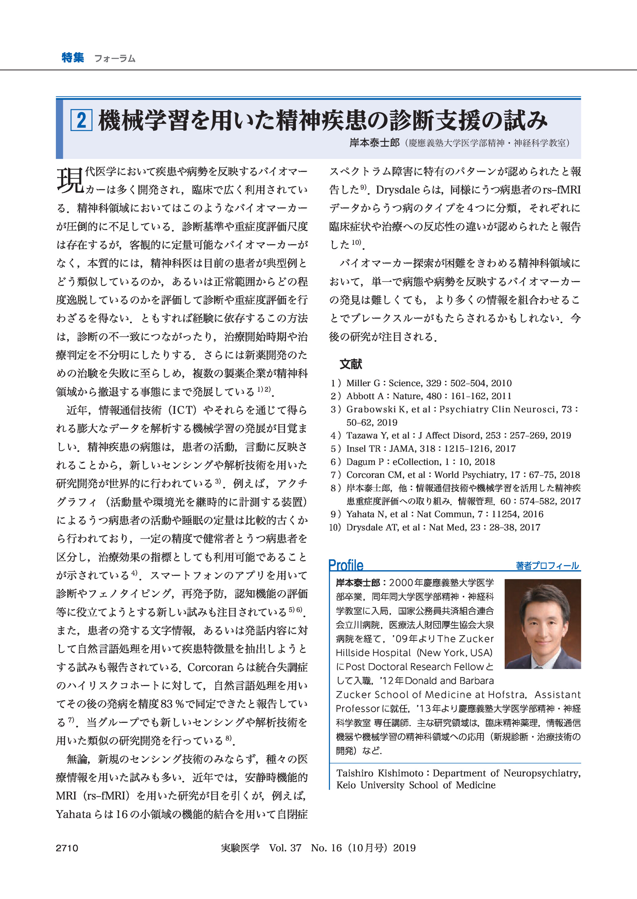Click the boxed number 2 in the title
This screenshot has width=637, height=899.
tap(81, 120)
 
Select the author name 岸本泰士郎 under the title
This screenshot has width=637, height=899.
tap(374, 143)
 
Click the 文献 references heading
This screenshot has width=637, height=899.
tap(351, 364)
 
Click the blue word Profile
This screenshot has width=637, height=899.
tap(346, 565)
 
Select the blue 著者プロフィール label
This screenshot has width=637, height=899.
tap(547, 566)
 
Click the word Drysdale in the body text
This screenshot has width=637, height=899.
tap(397, 190)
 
